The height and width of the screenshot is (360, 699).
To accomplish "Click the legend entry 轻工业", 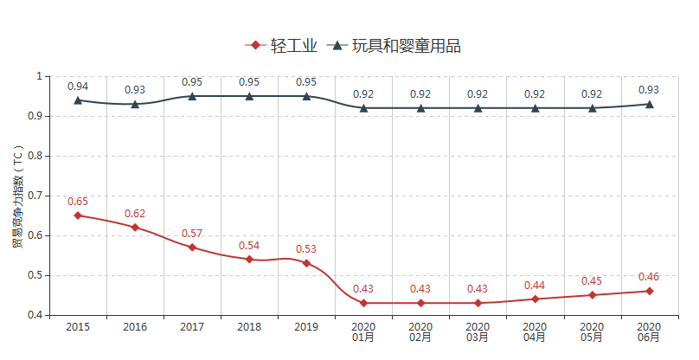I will coord(281,46).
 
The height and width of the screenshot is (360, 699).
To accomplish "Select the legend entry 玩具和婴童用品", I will coord(395,46).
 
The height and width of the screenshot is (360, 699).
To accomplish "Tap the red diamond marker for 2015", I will coord(78,215).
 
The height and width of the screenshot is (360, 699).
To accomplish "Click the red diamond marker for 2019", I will coord(306,263).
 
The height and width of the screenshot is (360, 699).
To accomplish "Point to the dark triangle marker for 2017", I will coord(192,96).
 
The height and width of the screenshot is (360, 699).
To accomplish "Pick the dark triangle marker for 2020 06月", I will coord(650,104).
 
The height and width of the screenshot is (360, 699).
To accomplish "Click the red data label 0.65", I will coord(78,202).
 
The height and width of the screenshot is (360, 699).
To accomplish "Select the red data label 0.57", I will coord(192,234).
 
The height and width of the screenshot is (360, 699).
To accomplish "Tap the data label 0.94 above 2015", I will coord(78,87).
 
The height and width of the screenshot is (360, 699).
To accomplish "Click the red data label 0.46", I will coord(650,277).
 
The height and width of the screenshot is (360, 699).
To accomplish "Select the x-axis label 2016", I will coord(135,327).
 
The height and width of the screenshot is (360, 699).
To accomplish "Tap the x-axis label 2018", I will coord(249,327).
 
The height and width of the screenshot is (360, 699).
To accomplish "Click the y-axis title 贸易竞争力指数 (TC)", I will coord(17,196).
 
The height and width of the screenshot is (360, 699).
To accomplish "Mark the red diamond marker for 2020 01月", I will coord(363,303).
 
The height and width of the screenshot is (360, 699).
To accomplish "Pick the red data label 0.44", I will coord(535,285).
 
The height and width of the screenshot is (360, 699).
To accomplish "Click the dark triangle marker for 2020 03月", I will coord(478,107).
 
